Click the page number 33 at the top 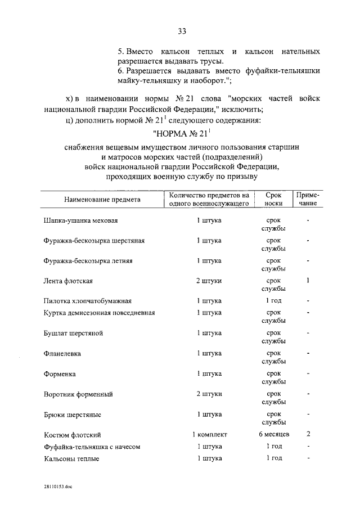click(x=182, y=31)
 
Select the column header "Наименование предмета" click(x=102, y=200)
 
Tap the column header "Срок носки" click(x=273, y=200)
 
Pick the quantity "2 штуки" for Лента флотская click(x=209, y=281)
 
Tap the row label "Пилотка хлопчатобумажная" click(x=88, y=301)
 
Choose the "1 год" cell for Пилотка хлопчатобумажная click(x=273, y=301)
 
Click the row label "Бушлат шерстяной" click(x=73, y=333)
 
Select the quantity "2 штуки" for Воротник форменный click(x=209, y=393)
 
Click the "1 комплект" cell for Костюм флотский click(x=209, y=434)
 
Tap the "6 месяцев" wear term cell click(x=273, y=434)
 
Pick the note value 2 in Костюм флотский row click(x=308, y=434)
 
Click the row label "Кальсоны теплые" click(x=71, y=458)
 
